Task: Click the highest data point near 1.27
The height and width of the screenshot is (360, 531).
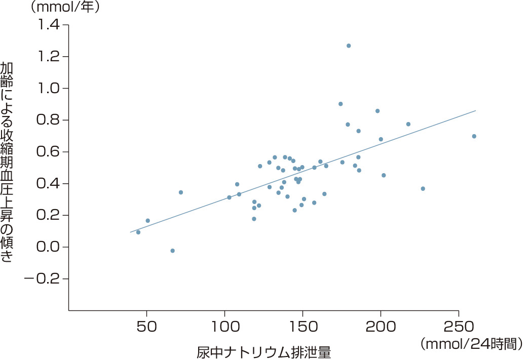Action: pyautogui.click(x=349, y=46)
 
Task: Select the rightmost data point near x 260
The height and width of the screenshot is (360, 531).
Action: pyautogui.click(x=474, y=136)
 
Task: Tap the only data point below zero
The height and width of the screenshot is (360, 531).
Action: pyautogui.click(x=173, y=251)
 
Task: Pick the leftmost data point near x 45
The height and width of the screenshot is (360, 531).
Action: pyautogui.click(x=138, y=232)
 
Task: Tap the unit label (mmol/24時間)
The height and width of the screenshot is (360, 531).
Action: pyautogui.click(x=471, y=344)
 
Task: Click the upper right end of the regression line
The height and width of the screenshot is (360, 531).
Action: pyautogui.click(x=475, y=110)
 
